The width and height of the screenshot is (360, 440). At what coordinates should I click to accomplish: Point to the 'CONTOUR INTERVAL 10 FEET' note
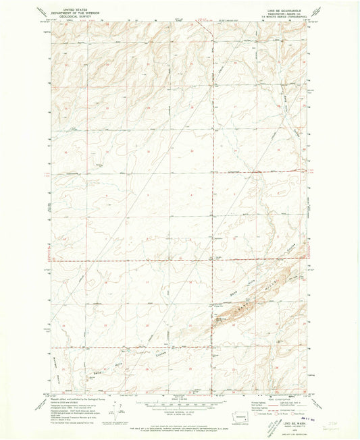coord(180,408)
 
